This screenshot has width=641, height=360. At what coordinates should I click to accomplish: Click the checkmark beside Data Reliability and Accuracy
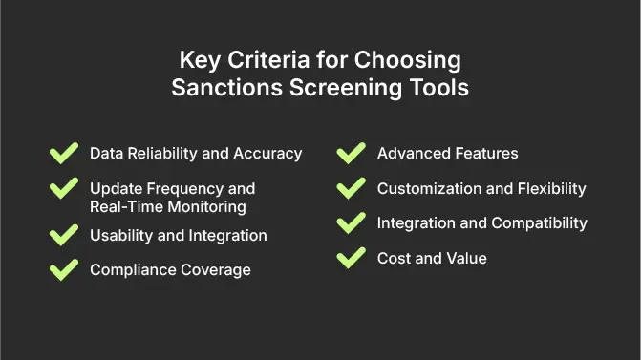[63, 154]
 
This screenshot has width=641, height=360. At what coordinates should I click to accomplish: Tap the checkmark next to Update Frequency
[63, 188]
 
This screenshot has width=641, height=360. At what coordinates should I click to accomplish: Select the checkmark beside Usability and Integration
[63, 235]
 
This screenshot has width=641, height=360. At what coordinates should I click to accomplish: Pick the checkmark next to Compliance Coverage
[63, 270]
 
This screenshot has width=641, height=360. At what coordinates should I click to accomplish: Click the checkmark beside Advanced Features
[352, 154]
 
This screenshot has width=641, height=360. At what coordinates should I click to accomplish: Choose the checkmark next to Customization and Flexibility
[352, 188]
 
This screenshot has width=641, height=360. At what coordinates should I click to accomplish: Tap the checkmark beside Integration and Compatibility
[352, 223]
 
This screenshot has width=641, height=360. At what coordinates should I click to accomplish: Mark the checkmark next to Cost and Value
[352, 258]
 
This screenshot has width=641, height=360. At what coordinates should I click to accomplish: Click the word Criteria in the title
[258, 60]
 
